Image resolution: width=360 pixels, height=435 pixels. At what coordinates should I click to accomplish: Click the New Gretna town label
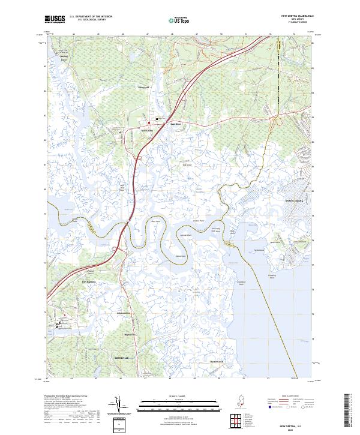pyautogui.click(x=147, y=128)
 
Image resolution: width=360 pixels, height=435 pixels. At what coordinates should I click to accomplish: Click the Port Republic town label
pyautogui.click(x=73, y=281)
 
